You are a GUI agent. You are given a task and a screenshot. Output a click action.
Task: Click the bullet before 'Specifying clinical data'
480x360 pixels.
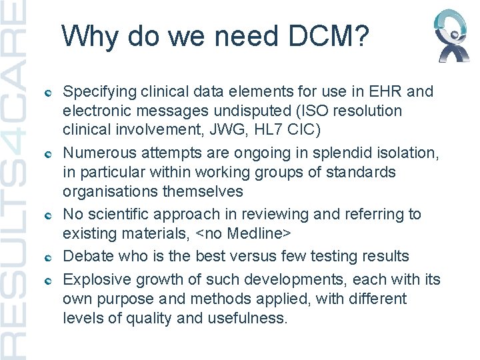click(x=49, y=92)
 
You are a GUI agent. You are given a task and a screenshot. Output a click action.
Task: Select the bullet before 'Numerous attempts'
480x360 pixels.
click(x=49, y=154)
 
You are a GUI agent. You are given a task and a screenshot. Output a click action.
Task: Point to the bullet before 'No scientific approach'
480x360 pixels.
click(x=49, y=216)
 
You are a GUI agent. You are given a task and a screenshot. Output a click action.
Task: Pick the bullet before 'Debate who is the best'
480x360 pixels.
click(x=49, y=257)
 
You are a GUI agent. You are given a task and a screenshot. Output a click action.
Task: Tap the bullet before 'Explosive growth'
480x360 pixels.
click(x=49, y=279)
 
